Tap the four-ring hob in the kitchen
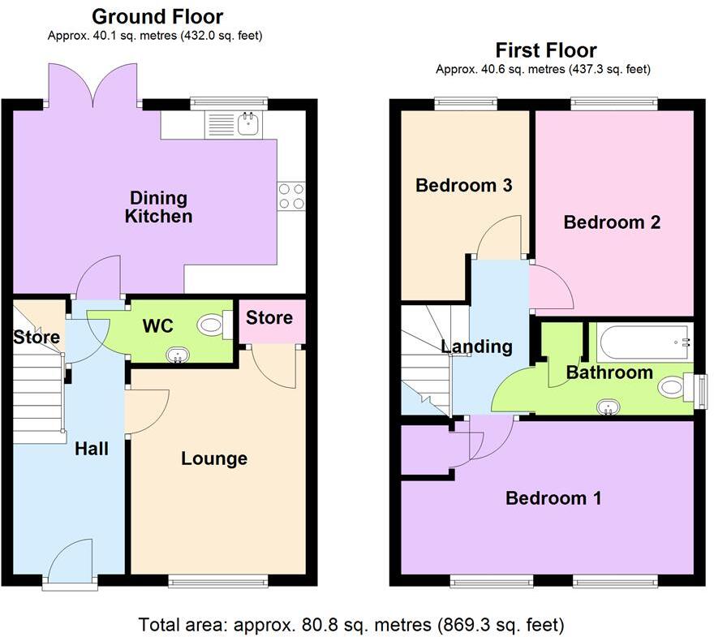(x=290, y=196)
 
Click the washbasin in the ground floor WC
(x=176, y=354)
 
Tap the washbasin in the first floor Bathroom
(x=606, y=407)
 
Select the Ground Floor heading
(x=157, y=16)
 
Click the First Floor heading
(x=546, y=50)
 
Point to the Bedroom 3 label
(x=463, y=185)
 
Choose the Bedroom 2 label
(x=612, y=222)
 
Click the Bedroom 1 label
(x=553, y=497)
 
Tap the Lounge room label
(x=214, y=458)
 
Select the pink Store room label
(x=269, y=317)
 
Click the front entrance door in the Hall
(x=70, y=568)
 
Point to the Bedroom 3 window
(x=465, y=102)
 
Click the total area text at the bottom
(x=351, y=625)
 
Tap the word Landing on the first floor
(x=476, y=346)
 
